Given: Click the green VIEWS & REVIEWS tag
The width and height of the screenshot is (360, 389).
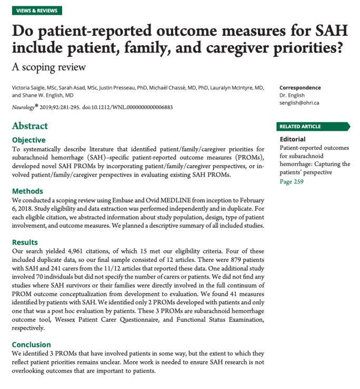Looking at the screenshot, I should [x=36, y=11].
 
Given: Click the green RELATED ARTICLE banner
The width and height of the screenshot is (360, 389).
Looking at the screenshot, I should [x=313, y=126].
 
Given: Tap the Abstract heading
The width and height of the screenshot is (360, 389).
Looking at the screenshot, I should [x=30, y=126].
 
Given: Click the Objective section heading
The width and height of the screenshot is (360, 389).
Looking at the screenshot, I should [x=28, y=140].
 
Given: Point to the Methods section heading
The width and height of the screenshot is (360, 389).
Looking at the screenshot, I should [x=27, y=191].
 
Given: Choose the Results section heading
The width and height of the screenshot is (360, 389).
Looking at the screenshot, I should [x=25, y=242].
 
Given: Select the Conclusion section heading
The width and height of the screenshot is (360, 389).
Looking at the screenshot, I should [x=31, y=344].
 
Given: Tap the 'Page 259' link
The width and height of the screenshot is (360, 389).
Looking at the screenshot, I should [x=292, y=182].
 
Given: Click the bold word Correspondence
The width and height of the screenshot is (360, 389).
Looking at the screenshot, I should [x=300, y=88].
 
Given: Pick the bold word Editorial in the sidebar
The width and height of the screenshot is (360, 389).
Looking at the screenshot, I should [x=293, y=139].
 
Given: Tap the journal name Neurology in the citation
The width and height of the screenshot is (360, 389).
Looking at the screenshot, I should [x=24, y=107].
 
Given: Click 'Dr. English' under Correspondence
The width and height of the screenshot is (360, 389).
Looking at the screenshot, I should [x=293, y=95].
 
